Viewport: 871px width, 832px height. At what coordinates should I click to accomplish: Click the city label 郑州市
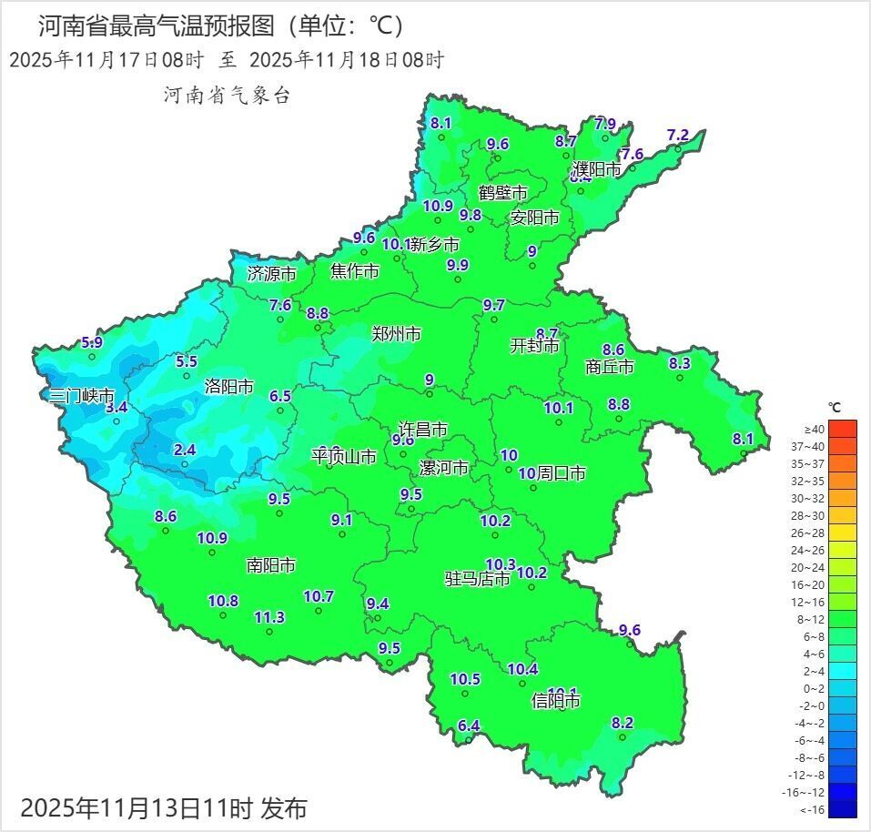pos(397,334)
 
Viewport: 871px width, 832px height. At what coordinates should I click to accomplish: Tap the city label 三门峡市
pos(82,396)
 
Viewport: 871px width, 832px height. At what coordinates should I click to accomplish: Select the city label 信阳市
pos(555,701)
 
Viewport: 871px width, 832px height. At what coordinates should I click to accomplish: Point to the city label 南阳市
pos(271,565)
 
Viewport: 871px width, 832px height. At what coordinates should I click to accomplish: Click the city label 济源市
pos(272,273)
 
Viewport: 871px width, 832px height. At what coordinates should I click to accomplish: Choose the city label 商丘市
pos(609,367)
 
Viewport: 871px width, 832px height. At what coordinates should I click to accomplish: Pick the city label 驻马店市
pos(477,579)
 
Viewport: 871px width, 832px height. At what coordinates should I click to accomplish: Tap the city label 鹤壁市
pos(503,193)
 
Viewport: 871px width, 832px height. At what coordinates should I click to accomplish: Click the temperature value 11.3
pos(269,617)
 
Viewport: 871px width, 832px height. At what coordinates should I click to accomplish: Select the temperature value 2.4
pos(185,449)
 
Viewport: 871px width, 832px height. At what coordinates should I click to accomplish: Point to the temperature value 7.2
pos(678,135)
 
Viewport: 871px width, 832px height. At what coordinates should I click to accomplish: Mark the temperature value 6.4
pos(468,725)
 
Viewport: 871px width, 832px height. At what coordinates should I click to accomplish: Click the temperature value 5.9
pos(92,342)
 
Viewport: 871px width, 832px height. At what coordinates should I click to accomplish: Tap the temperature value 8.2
pos(623,723)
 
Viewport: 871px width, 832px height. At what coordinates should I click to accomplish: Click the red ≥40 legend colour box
pos(843,429)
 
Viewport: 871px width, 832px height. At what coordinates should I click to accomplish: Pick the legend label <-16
pos(813,809)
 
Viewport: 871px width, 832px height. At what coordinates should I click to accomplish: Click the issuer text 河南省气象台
pos(227,95)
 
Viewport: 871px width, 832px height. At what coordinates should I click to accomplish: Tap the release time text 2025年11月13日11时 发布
pos(164,807)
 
